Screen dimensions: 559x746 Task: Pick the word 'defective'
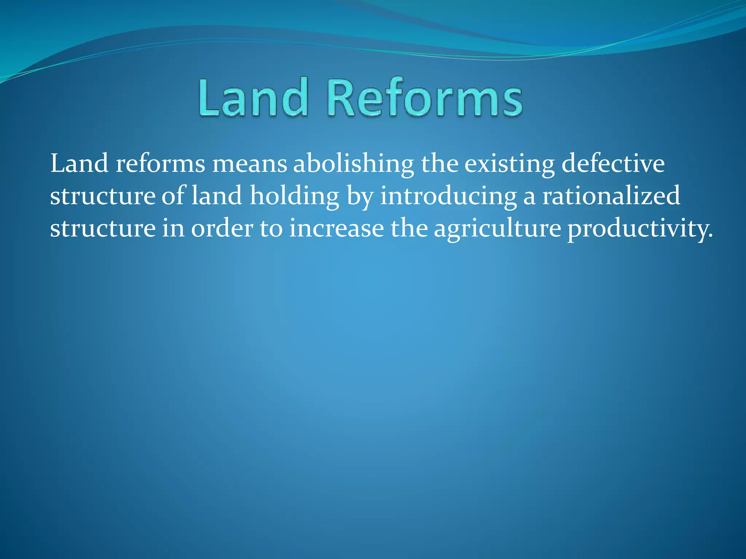click(x=613, y=164)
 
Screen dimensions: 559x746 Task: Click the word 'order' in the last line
click(x=222, y=229)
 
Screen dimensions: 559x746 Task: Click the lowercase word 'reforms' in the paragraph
click(x=160, y=164)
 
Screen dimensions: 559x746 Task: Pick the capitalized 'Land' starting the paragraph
click(x=79, y=164)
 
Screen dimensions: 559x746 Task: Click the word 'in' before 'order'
click(x=173, y=229)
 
